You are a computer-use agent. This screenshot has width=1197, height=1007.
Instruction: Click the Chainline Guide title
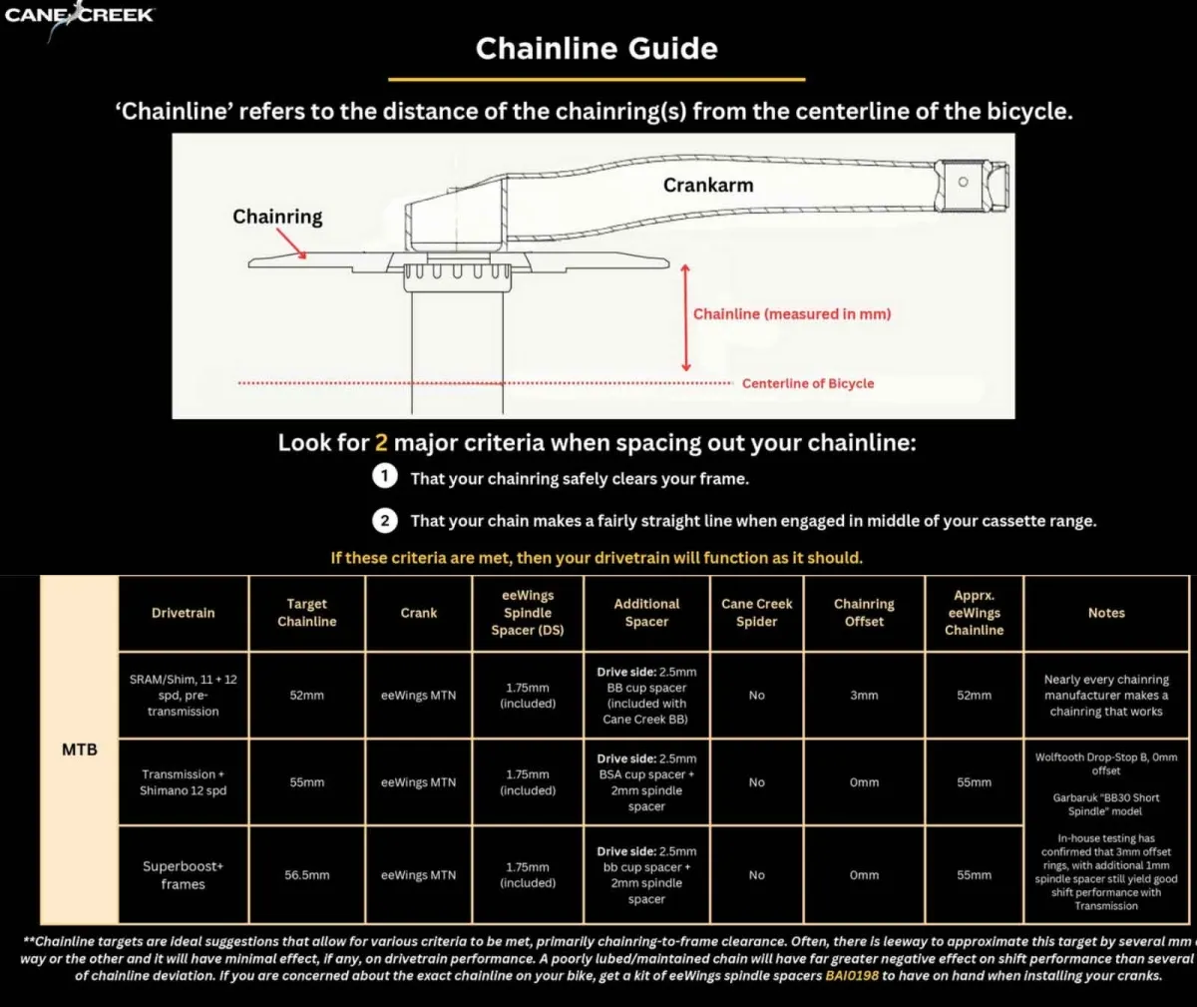click(x=597, y=49)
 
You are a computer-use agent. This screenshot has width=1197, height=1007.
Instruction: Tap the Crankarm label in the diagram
click(x=708, y=185)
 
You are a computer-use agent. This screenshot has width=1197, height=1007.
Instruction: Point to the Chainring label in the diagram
click(x=277, y=217)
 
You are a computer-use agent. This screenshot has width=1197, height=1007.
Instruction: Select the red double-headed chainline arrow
click(x=685, y=317)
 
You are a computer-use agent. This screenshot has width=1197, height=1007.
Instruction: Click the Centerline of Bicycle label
click(x=807, y=383)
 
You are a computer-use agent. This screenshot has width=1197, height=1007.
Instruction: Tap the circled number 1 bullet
click(x=384, y=477)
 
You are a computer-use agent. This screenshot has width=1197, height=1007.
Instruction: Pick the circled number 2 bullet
click(x=384, y=520)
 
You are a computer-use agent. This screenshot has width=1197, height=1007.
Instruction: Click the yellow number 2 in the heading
click(x=381, y=442)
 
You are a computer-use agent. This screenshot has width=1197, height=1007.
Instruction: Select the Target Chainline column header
click(x=307, y=613)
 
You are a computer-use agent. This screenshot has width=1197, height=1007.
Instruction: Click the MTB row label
click(x=80, y=750)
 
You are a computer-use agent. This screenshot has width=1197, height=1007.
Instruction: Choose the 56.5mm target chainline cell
click(x=307, y=875)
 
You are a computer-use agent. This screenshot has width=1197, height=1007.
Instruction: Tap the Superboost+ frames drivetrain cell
click(x=184, y=875)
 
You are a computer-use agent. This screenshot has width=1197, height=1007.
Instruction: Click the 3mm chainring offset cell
click(x=864, y=696)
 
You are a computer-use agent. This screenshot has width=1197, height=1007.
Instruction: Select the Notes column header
click(x=1106, y=613)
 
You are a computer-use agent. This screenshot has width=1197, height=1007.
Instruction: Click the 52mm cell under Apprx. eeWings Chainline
click(x=974, y=696)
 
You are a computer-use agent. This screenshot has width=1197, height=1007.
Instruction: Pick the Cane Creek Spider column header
click(x=756, y=613)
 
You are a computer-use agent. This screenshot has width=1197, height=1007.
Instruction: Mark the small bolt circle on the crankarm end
click(x=963, y=182)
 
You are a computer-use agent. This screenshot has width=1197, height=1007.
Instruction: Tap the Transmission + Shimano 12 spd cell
click(x=184, y=782)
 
